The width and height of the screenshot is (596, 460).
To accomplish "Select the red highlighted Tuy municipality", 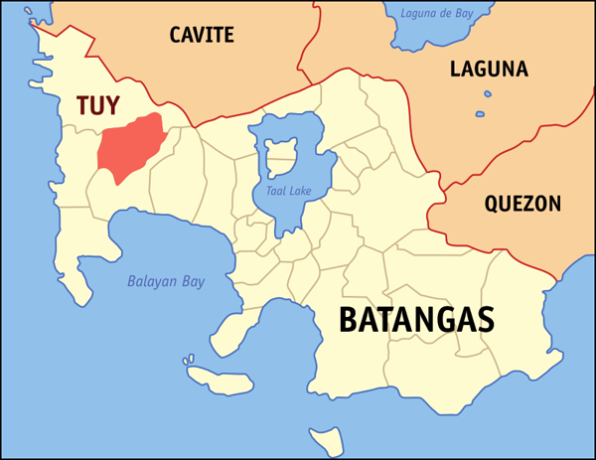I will tap(129, 148).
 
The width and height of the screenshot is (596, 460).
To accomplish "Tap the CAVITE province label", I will tap(202, 36).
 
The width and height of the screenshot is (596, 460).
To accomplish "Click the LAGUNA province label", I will tap(489, 70).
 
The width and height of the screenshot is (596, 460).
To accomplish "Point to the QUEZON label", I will tap(522, 205).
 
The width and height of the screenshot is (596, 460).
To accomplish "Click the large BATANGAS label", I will tap(416, 320).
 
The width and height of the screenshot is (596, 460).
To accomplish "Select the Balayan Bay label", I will tap(166, 281).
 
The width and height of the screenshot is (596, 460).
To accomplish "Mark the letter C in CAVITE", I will tap(176, 36).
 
